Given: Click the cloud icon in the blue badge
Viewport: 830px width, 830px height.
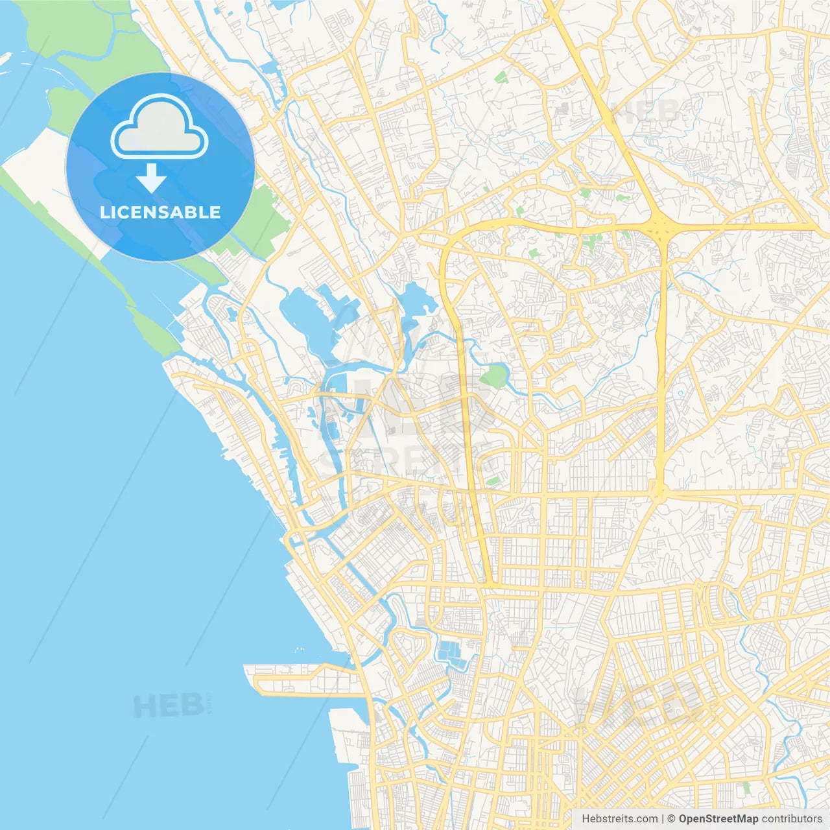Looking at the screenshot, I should [160, 127].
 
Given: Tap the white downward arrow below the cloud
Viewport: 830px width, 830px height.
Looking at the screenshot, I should [152, 178].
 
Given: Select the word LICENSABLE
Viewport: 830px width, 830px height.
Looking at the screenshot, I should [160, 212].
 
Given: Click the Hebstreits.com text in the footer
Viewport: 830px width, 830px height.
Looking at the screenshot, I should [619, 819].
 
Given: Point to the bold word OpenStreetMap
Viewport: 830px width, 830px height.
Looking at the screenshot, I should [718, 819].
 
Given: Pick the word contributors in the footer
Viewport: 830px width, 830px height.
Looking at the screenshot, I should [792, 819].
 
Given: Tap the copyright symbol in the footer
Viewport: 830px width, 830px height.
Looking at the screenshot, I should [672, 819].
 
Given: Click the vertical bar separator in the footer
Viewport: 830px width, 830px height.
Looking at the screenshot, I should [663, 819].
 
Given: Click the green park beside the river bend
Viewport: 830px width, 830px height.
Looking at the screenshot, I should [495, 375].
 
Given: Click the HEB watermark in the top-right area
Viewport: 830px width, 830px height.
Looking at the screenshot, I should [645, 112].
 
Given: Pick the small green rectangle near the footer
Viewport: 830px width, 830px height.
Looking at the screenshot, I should [746, 787].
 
